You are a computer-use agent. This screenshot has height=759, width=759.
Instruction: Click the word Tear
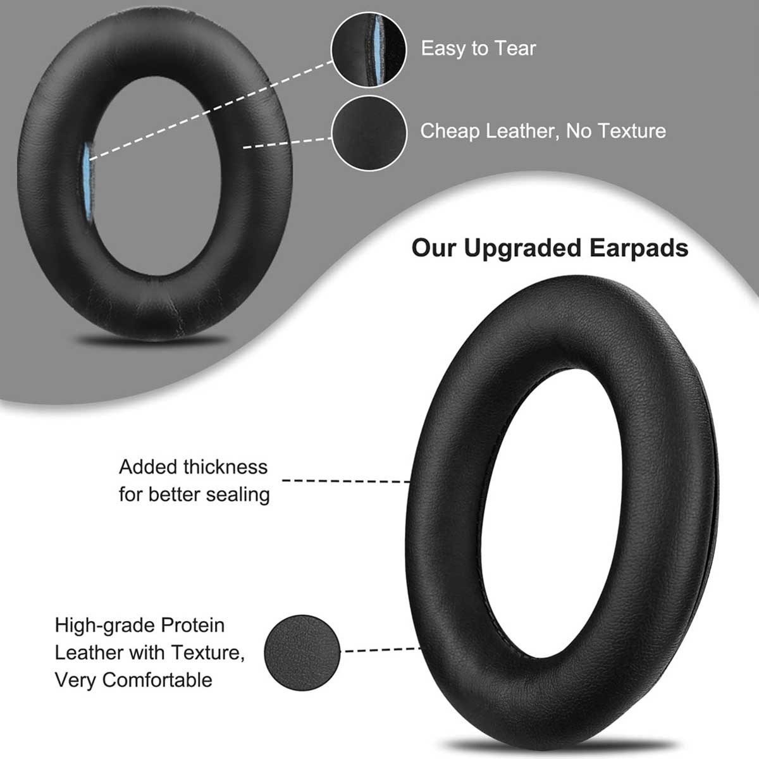click(x=515, y=49)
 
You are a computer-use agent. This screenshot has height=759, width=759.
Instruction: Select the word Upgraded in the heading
click(x=522, y=249)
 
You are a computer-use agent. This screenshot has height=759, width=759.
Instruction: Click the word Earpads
click(x=639, y=249)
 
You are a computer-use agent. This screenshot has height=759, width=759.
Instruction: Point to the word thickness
click(x=225, y=467)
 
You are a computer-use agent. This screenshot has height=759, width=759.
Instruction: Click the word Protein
click(x=193, y=626)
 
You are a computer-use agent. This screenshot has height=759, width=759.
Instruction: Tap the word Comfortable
click(x=157, y=680)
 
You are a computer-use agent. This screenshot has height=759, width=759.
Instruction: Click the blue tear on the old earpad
click(x=87, y=183)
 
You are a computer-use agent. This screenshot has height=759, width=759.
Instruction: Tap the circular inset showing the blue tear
click(x=369, y=50)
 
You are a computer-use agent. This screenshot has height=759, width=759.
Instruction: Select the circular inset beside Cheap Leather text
click(x=369, y=133)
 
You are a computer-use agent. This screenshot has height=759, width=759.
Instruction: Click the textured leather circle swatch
click(x=302, y=653)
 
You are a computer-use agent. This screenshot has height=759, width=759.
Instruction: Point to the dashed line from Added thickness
click(x=346, y=481)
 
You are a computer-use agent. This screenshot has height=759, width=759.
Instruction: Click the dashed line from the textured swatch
click(x=382, y=650)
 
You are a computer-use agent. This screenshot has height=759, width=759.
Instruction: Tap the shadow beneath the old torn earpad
click(x=152, y=340)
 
